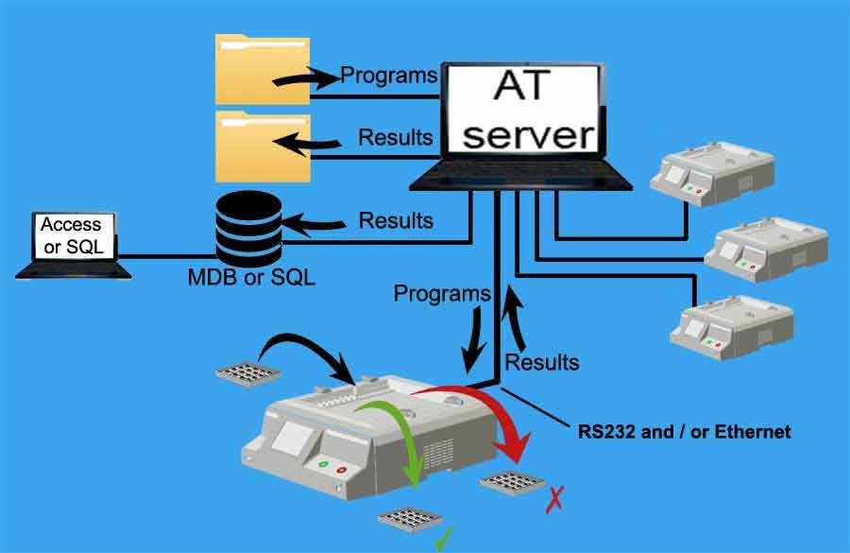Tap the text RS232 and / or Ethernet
click(684, 432)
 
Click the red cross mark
click(554, 497)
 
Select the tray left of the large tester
click(246, 370)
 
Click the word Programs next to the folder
click(388, 75)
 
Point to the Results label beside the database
click(396, 220)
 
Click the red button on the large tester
click(342, 467)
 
